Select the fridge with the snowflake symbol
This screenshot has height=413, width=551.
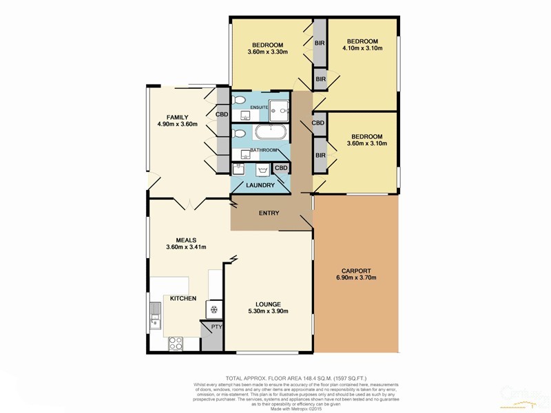pos(213,310)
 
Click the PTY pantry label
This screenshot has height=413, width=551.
pos(216,328)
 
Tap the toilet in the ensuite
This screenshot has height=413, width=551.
pos(239,101)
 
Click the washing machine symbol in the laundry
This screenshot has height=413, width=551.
pos(262,170)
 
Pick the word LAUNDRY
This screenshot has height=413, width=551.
pos(260,186)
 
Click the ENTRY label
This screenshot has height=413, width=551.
pos(269,213)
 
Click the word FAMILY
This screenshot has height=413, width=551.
pos(178,116)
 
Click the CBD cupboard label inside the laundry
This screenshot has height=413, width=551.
pos(281,167)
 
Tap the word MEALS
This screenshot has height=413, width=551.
pos(177,240)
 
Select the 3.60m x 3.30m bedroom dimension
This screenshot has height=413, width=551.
pos(268,51)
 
